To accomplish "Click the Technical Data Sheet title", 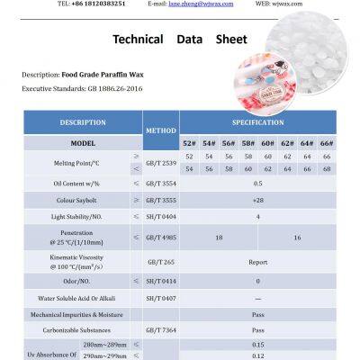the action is point(179,40).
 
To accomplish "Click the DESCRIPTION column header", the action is point(83,122).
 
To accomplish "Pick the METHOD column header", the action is point(161,130).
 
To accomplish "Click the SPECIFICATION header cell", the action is point(258,122).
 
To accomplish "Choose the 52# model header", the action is point(190,142).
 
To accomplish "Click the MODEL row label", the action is point(83,142).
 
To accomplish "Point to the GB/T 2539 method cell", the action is point(161,162).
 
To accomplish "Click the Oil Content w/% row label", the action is point(83,183).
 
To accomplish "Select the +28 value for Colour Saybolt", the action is point(258,200).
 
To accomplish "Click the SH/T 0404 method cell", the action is point(161,217).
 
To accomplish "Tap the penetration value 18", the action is point(219,238).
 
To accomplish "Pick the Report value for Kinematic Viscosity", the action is point(258,263).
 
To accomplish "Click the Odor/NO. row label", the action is point(83,282).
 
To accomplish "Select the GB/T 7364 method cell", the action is point(161,330).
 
